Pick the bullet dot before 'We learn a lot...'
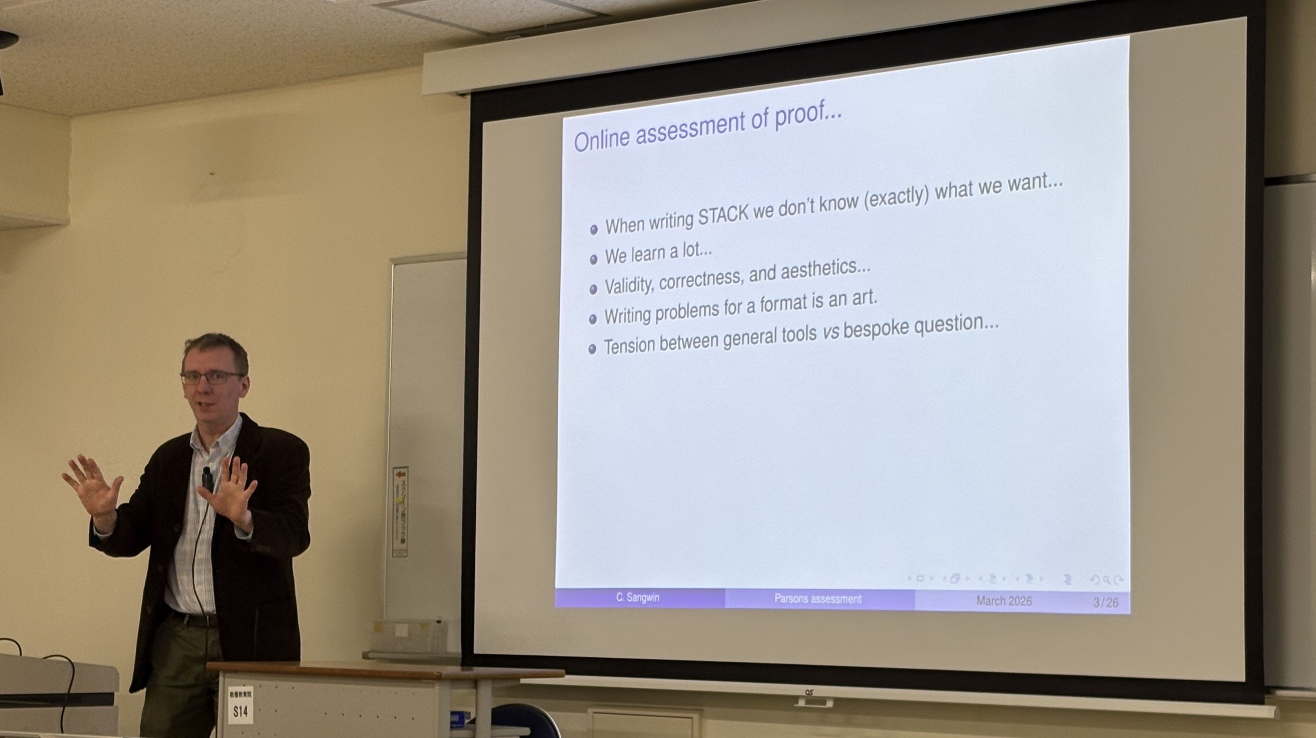pyautogui.click(x=593, y=259)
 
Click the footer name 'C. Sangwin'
pyautogui.click(x=638, y=598)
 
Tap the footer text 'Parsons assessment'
pyautogui.click(x=817, y=599)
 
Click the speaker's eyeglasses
pyautogui.click(x=212, y=378)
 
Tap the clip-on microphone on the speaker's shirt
pyautogui.click(x=206, y=477)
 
